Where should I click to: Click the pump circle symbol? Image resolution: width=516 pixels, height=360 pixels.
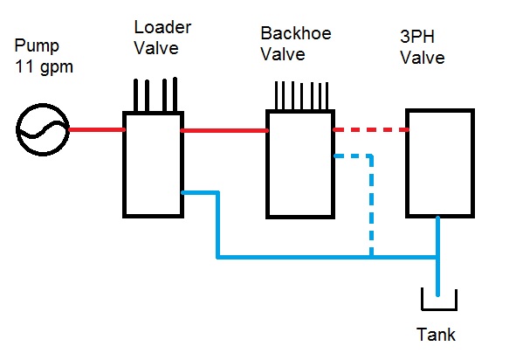click(17, 130)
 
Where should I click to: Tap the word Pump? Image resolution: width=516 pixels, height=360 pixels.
click(37, 45)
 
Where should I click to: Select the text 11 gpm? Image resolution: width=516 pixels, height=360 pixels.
click(44, 66)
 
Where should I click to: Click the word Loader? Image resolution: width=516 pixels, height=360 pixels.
click(162, 27)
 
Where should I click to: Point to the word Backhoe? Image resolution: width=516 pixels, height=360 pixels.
click(296, 33)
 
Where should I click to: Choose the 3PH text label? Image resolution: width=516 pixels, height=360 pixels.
click(417, 37)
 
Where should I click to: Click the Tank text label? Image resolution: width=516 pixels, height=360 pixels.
click(436, 335)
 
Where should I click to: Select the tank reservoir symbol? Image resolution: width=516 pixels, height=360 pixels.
click(439, 309)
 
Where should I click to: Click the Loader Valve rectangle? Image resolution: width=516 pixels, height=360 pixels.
click(124, 164)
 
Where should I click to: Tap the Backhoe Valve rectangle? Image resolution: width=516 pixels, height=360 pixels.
click(267, 164)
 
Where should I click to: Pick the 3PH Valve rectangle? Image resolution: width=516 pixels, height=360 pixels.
click(407, 163)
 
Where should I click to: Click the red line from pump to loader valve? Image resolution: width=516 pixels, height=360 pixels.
click(97, 130)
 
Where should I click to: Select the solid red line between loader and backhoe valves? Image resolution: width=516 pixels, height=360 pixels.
click(224, 131)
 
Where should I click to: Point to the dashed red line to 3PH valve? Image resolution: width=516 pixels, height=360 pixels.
click(371, 130)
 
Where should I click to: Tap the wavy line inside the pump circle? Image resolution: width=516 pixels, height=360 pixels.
click(43, 130)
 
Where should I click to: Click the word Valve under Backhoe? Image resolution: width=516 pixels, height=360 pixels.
click(283, 54)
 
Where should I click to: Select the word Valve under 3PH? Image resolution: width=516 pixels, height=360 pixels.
click(423, 58)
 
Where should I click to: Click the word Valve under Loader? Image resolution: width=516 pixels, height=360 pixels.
click(156, 48)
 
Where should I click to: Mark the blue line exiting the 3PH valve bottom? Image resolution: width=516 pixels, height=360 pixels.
click(437, 256)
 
